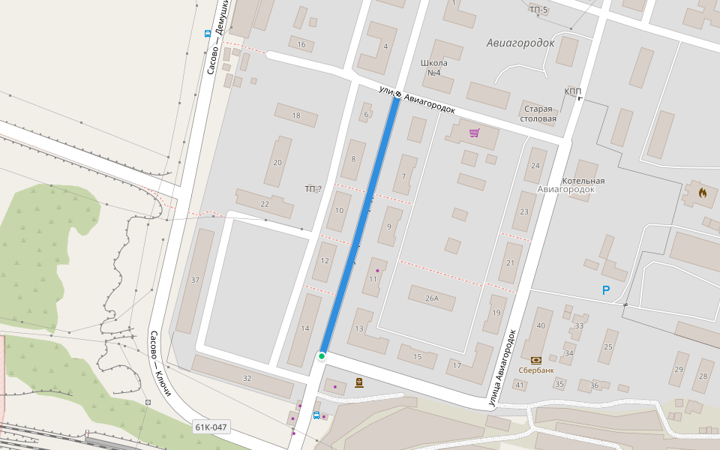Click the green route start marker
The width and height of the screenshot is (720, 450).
coord(322,356)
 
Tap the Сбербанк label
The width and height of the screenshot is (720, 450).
coord(535,370)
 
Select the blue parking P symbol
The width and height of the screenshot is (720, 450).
coord(606,290)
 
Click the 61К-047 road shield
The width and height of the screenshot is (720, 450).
coord(210,427)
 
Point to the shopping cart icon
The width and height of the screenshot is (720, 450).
coord(474,133)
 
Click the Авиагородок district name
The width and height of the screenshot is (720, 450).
coord(520,43)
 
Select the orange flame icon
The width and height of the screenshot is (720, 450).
coord(703,193)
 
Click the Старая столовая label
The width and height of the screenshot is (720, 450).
coord(539,113)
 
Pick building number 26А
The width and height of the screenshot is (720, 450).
coord(431,298)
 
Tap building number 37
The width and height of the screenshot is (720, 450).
coord(195,280)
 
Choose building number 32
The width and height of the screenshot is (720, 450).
coord(247,378)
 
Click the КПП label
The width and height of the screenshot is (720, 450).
coord(573,91)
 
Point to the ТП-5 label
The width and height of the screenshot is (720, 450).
coord(538,10)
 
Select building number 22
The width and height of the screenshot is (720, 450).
coord(264,204)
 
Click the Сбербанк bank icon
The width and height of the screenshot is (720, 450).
coord(535,360)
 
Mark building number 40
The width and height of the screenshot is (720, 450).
coord(540,325)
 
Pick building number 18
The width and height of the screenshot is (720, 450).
coord(295,115)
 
